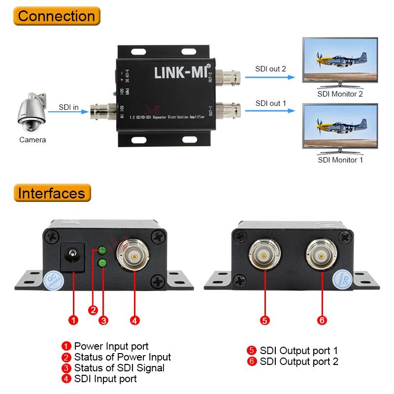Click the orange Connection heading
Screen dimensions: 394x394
[x=56, y=16]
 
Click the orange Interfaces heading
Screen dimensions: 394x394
[x=52, y=193]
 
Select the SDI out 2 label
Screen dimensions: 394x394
[x=270, y=68]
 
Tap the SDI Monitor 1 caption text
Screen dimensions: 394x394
[x=340, y=160]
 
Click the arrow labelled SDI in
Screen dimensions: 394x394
[x=67, y=111]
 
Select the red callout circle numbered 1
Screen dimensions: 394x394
[x=73, y=321]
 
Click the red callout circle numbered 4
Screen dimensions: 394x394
[x=134, y=321]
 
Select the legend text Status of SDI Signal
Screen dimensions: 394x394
[x=119, y=368]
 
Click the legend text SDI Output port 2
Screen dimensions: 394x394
[x=299, y=361]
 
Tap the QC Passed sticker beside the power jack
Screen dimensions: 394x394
[x=54, y=282]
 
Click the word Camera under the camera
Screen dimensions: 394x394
[x=33, y=140]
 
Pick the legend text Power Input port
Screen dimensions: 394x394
[x=111, y=346]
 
